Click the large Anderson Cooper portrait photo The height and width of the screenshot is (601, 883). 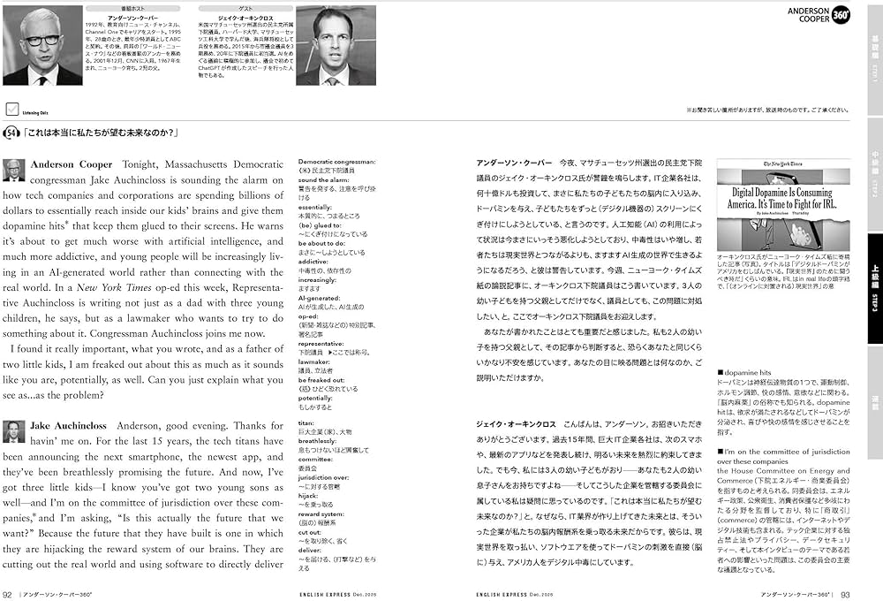(x=42, y=46)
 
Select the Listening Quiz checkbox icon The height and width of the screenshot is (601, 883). (x=12, y=110)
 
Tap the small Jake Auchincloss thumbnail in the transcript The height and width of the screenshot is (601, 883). (x=14, y=431)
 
